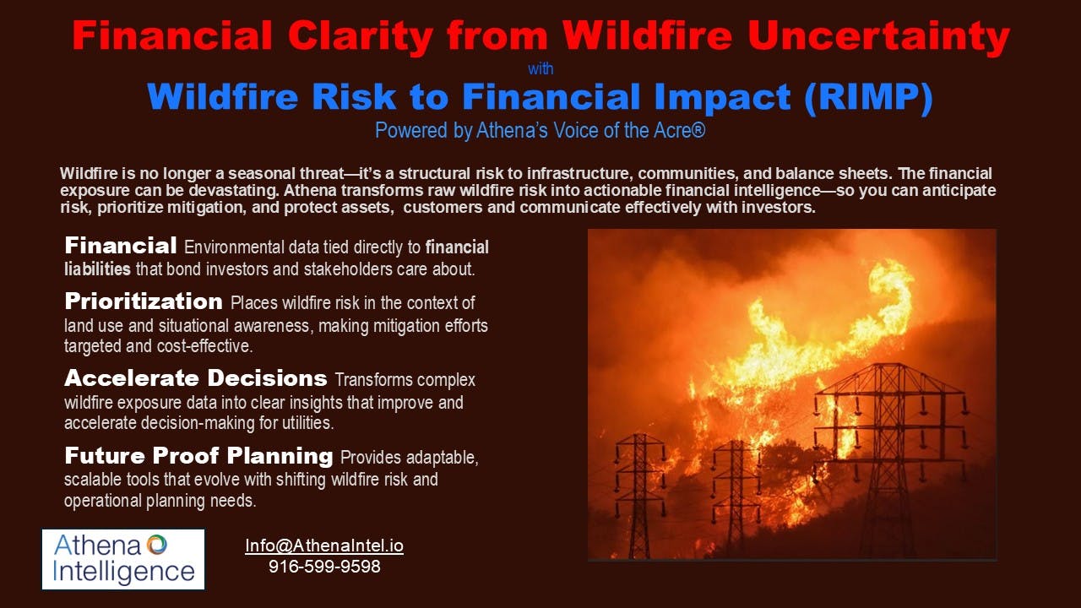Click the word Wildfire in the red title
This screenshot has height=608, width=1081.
[647, 36]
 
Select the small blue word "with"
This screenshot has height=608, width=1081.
[540, 69]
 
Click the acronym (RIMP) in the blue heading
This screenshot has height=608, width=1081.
[868, 97]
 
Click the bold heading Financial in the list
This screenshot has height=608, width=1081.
[121, 246]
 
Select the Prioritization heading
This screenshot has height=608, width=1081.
[144, 301]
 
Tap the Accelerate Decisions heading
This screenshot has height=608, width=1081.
[195, 377]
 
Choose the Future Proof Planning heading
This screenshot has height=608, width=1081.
[198, 455]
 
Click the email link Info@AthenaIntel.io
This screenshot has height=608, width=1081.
[324, 546]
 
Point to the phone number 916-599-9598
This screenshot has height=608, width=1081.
[324, 567]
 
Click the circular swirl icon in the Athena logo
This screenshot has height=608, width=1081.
[157, 545]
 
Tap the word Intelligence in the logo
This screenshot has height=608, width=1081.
[123, 572]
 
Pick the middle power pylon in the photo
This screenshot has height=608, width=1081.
[736, 497]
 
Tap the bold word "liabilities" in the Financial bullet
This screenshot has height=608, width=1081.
[97, 269]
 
